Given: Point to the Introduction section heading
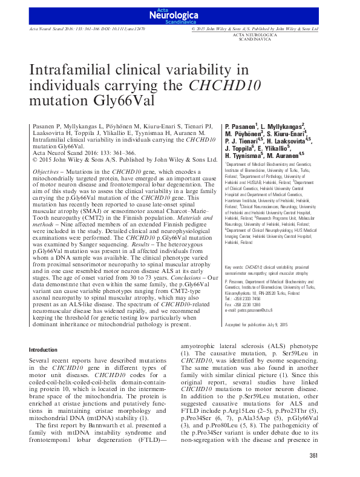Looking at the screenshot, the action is click(x=44, y=349).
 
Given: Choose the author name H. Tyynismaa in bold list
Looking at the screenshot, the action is click(x=246, y=155).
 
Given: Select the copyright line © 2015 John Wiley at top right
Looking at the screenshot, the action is click(x=263, y=28).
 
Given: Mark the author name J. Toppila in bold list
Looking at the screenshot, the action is click(x=240, y=147).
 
